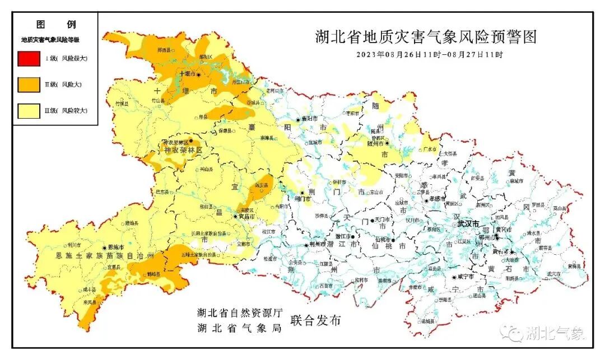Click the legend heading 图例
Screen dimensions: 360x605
tap(55, 25)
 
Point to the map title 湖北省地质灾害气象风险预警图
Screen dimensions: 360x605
tap(426, 38)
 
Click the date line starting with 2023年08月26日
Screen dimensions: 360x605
tap(430, 55)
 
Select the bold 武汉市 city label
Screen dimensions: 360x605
tap(468, 223)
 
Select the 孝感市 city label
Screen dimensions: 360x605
tap(436, 199)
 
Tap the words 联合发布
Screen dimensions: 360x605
tap(315, 321)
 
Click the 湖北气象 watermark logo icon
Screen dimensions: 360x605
tap(512, 334)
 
